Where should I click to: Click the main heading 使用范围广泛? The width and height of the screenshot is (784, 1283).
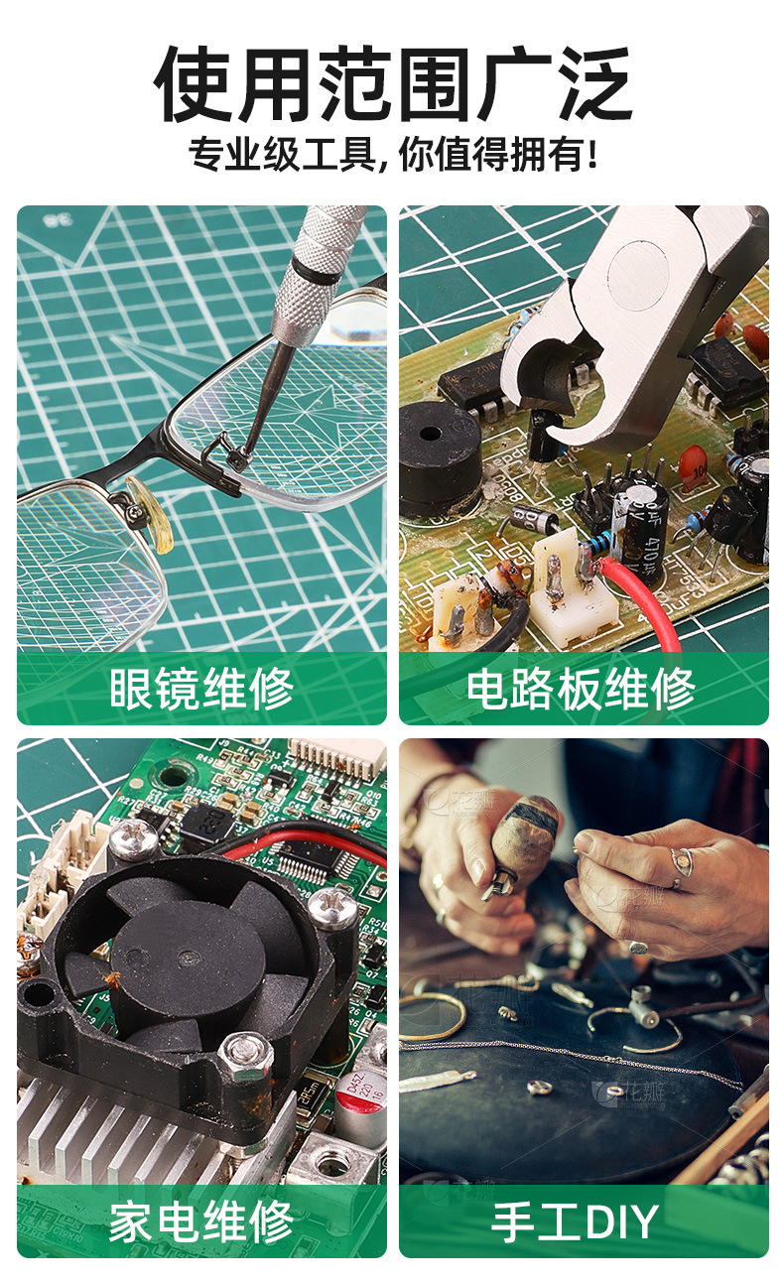(392, 84)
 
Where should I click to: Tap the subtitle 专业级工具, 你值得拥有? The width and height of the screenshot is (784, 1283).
(393, 155)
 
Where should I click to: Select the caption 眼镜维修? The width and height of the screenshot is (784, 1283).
(201, 688)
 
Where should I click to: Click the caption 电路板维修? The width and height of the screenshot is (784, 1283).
(581, 688)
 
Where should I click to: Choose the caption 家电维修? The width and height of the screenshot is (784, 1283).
(201, 1222)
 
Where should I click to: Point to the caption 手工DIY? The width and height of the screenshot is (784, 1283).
(575, 1222)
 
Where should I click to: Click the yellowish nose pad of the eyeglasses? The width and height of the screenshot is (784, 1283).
(150, 512)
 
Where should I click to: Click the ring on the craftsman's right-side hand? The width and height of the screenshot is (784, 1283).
(682, 861)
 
